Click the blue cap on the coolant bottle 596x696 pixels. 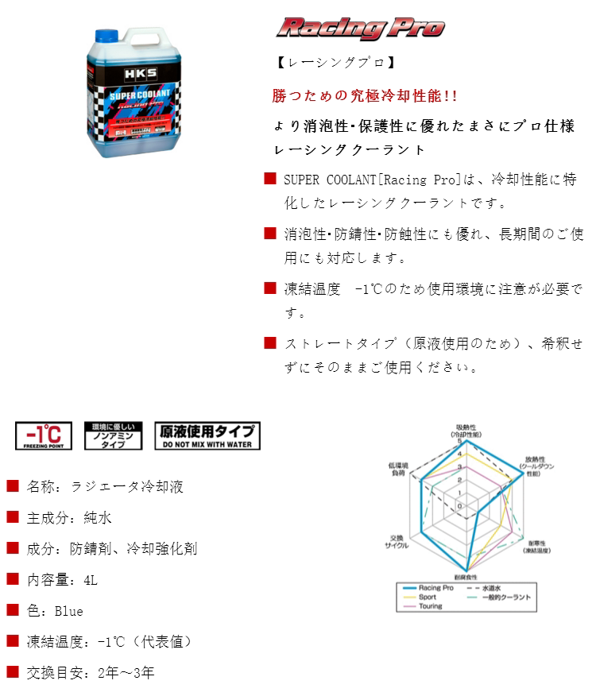coord(106,37)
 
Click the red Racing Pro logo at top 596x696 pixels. coord(360,29)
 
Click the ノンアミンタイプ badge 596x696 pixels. coord(113,435)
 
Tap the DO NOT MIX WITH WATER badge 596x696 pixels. coord(207,435)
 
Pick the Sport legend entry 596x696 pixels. coord(427,597)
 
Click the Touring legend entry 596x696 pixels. coord(430,606)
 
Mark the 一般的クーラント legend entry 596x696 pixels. coord(505,597)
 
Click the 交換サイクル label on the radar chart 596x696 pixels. coord(398,542)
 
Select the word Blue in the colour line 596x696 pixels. coord(68,611)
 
